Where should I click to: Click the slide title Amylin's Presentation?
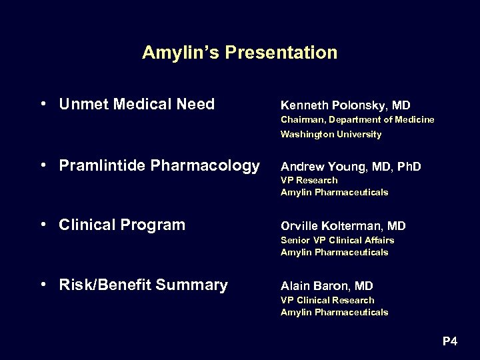(239, 53)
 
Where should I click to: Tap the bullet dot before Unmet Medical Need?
(43, 104)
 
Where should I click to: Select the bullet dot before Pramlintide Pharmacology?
(43, 165)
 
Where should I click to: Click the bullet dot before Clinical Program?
(43, 225)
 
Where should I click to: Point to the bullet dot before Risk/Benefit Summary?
(43, 285)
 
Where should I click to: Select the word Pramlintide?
(101, 165)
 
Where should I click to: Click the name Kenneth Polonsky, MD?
(345, 105)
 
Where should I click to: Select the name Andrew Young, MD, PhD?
(351, 166)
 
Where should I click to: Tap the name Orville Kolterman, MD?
(343, 226)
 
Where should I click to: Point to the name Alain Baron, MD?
(327, 286)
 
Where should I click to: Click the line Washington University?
(331, 134)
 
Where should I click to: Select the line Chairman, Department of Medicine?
(357, 120)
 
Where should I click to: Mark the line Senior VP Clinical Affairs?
(337, 240)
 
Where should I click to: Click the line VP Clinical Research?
(327, 300)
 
